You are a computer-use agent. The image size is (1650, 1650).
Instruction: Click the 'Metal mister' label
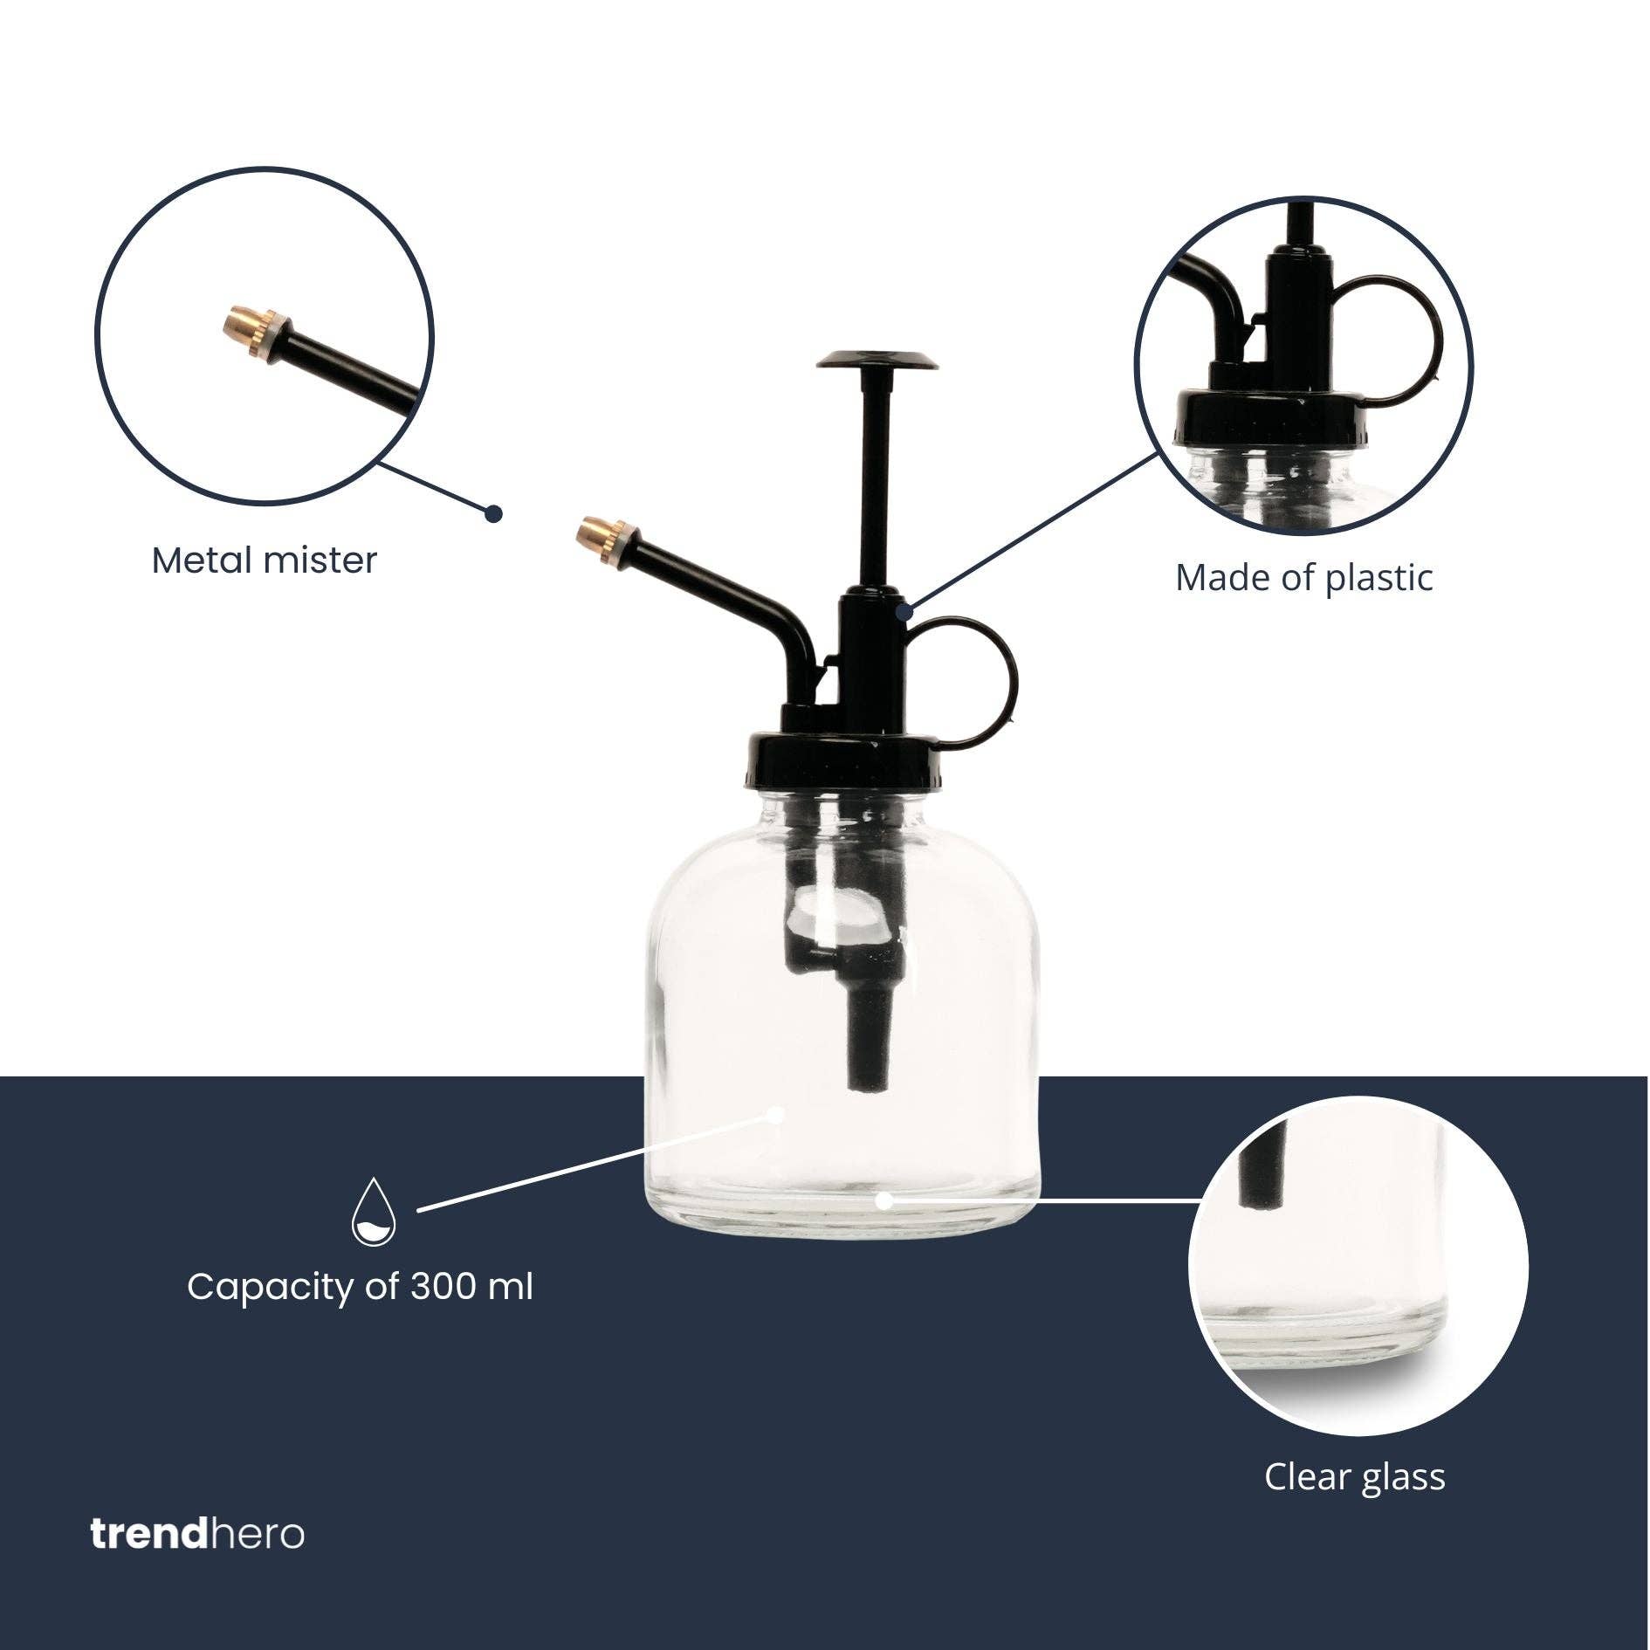point(264,560)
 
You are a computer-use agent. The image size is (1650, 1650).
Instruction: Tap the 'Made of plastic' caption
point(1303,578)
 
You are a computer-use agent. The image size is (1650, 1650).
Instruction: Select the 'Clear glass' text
point(1354,1476)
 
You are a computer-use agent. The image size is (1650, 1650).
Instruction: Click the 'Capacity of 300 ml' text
point(360,1287)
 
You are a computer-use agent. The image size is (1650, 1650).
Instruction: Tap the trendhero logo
point(197,1535)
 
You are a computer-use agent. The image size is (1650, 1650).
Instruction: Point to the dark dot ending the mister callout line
point(494,513)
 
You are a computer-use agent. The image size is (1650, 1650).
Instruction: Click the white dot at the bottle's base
point(883,1200)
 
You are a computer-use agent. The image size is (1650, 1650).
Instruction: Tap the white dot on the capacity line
point(776,1113)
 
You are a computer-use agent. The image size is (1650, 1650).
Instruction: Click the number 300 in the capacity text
point(444,1287)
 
